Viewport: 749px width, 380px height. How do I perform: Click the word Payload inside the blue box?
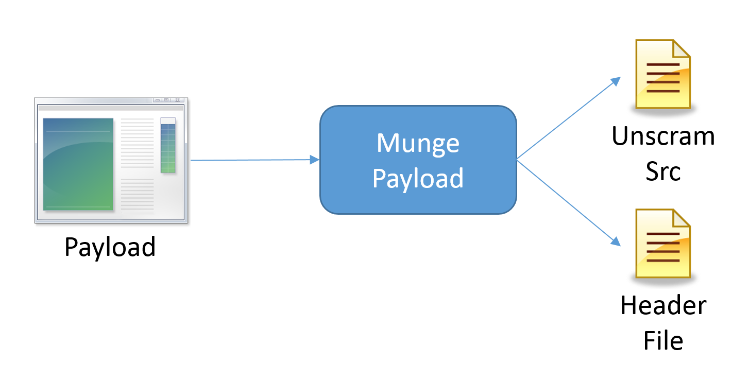point(418,178)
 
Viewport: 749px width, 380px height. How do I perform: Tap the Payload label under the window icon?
point(110,247)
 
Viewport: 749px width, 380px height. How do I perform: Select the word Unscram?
point(663,136)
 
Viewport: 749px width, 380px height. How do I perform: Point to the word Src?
point(663,171)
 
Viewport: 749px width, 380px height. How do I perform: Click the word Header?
point(663,305)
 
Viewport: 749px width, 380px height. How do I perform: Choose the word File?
point(663,340)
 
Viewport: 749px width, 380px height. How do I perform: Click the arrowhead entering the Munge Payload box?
point(315,160)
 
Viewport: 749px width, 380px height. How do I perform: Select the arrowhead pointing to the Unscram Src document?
point(616,81)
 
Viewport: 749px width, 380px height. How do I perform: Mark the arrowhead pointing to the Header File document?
point(616,241)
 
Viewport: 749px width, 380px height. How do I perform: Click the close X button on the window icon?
point(178,100)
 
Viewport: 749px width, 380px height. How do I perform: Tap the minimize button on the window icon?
point(158,100)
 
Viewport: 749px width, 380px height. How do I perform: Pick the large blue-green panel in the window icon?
point(78,164)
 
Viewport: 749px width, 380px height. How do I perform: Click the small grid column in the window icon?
point(168,145)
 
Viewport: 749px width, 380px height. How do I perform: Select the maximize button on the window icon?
point(166,100)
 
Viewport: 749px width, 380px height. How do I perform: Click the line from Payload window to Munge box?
point(250,160)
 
